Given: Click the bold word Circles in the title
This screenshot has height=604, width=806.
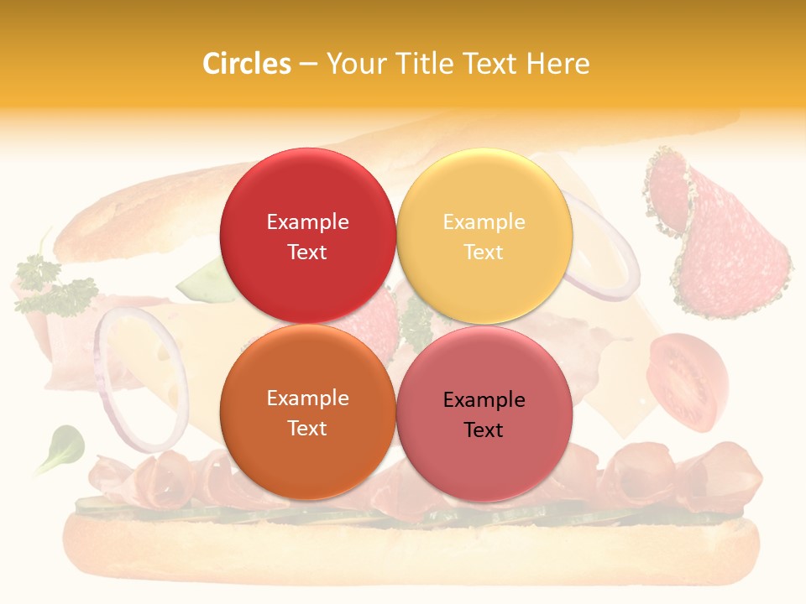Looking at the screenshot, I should (x=247, y=64).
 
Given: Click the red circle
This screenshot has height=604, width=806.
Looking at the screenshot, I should (x=307, y=236).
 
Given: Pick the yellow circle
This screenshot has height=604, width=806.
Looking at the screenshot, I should (x=484, y=236).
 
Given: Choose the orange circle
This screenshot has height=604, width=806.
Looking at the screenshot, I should (x=307, y=412).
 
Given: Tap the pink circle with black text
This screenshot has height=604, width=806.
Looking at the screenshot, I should (x=484, y=414).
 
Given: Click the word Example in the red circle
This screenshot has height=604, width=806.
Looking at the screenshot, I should (x=307, y=221).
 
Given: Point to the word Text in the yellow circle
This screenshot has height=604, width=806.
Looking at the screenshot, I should (x=484, y=252).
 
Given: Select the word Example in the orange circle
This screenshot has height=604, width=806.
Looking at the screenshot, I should (x=307, y=398).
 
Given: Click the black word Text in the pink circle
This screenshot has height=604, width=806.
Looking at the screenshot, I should (x=484, y=430).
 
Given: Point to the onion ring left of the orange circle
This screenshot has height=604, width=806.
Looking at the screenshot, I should (x=139, y=377).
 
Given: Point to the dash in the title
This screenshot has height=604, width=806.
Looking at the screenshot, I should (x=308, y=64).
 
